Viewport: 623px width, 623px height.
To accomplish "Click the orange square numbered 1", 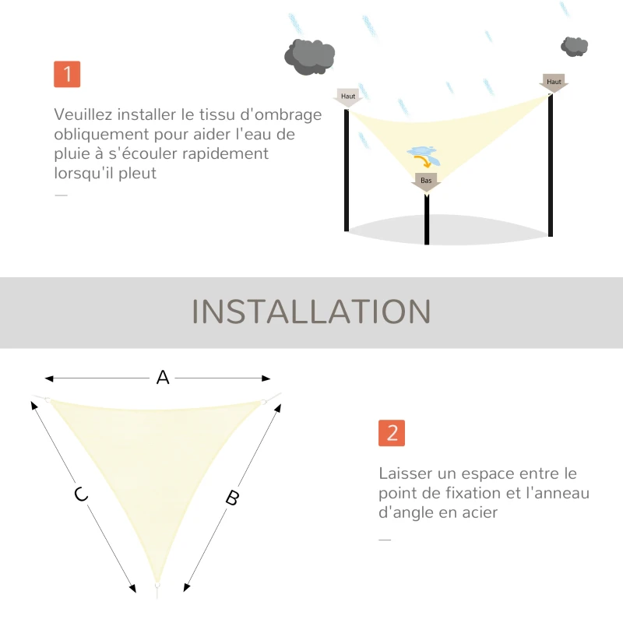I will pos(67,74).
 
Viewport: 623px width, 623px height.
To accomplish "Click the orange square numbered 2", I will pos(392,433).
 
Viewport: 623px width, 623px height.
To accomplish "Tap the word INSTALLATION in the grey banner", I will pos(311,311).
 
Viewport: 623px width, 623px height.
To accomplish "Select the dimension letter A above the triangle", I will pos(163,378).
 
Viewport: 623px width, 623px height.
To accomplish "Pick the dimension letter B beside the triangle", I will pos(231,498).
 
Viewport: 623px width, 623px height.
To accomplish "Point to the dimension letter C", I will pos(80,494).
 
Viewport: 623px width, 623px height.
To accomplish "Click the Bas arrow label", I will pos(426,181).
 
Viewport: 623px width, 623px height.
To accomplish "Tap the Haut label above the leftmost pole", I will pos(348,97).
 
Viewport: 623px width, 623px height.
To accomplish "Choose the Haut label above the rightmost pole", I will pos(554,83).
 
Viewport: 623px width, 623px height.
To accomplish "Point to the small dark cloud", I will pos(575,46).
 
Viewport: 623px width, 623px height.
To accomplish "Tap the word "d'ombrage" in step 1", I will pos(286,114).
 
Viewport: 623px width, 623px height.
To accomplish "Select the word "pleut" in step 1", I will pos(136,173).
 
